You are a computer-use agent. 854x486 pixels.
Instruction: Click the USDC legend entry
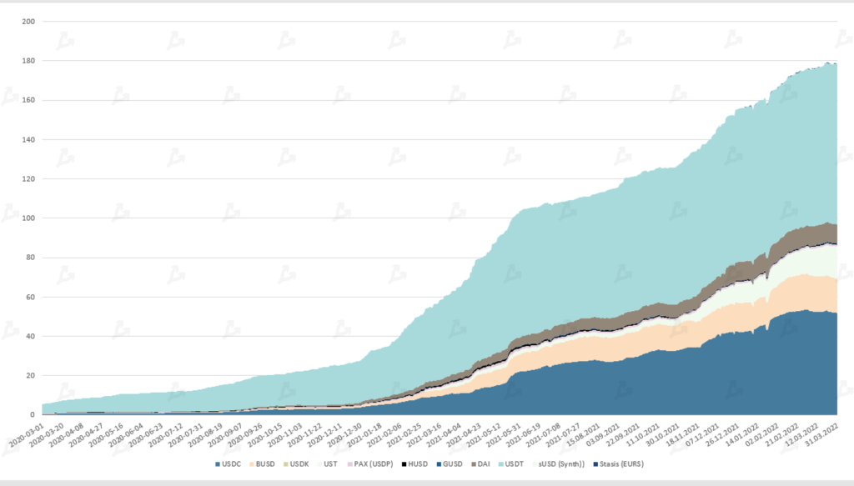pos(228,463)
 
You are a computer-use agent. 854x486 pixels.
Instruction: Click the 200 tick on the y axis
pos(27,22)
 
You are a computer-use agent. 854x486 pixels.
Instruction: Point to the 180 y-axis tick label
pos(27,61)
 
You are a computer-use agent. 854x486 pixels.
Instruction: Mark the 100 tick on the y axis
pos(27,218)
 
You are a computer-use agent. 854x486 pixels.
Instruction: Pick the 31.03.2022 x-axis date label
pos(821,436)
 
